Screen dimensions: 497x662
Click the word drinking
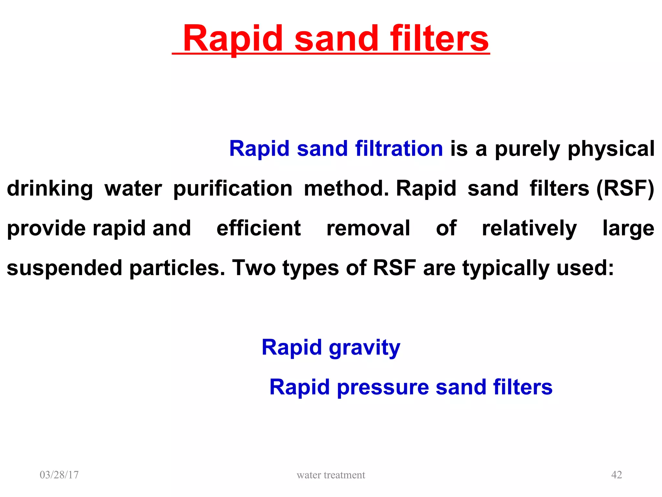(50, 189)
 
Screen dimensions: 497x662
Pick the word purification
(233, 189)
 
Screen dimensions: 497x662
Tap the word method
(346, 188)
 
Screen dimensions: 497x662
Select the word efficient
(259, 228)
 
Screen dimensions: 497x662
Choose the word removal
(368, 228)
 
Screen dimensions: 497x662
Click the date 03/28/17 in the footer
(59, 475)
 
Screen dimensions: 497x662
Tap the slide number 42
(616, 475)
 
